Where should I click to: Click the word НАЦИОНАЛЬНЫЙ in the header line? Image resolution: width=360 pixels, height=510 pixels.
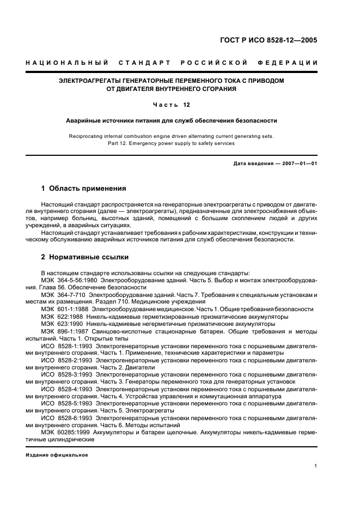point(66,63)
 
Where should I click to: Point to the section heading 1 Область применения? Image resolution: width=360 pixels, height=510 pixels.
point(83,189)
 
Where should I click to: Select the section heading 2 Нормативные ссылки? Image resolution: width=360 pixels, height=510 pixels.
point(84,257)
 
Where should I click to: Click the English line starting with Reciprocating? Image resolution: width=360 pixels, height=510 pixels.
point(172,136)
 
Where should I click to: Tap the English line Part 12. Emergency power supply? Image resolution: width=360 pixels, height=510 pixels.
point(172,143)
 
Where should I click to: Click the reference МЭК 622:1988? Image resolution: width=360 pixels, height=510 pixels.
point(61,316)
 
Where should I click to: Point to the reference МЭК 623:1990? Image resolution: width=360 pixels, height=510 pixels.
point(61,323)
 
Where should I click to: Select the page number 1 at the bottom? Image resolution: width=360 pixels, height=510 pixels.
point(316,466)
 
